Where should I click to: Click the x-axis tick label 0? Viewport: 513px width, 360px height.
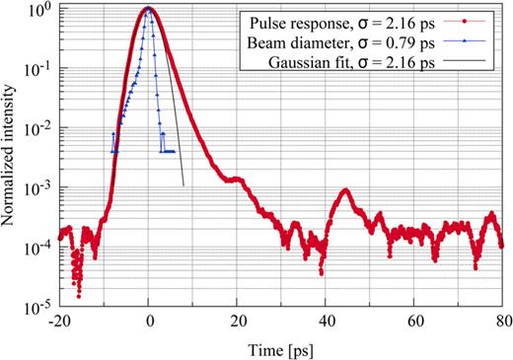tap(149, 320)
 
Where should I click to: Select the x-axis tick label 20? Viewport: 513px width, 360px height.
tap(238, 320)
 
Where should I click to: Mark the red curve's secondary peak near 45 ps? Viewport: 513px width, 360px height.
tap(345, 190)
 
